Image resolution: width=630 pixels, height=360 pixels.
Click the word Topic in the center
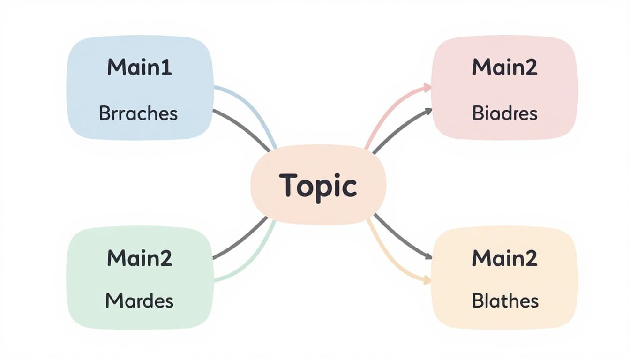click(x=318, y=186)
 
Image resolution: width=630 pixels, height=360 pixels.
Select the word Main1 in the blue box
click(x=139, y=68)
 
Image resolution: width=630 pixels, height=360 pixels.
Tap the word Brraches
click(x=138, y=113)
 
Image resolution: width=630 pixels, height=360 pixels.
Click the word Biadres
click(x=504, y=113)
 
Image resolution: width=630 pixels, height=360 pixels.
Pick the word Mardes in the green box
click(x=139, y=300)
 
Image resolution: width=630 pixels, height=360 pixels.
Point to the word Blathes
click(x=505, y=300)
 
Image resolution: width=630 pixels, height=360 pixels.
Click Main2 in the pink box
click(x=504, y=68)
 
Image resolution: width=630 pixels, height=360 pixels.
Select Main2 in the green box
click(x=139, y=258)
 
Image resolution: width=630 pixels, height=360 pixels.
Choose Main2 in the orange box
click(x=504, y=258)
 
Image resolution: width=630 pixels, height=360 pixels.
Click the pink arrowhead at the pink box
click(x=427, y=87)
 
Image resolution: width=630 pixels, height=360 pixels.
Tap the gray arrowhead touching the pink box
click(x=428, y=111)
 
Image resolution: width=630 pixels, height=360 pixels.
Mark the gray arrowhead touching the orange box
click(x=428, y=256)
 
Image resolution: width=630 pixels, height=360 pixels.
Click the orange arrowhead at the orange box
click(x=427, y=280)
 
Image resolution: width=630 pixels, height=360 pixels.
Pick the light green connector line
click(x=253, y=262)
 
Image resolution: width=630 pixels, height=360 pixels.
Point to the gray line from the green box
click(x=241, y=239)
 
